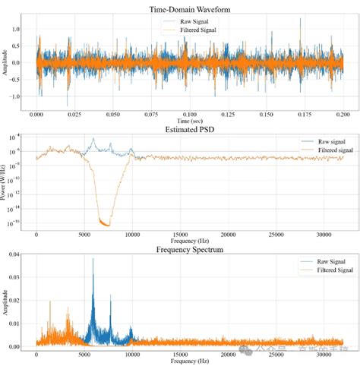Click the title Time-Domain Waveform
[x=190, y=8]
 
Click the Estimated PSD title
[x=190, y=128]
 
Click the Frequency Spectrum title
[x=190, y=249]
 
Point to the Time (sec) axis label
[x=191, y=121]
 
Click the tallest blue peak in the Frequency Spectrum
[x=93, y=259]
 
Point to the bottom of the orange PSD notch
[x=106, y=226]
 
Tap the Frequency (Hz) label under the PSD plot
[x=190, y=242]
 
